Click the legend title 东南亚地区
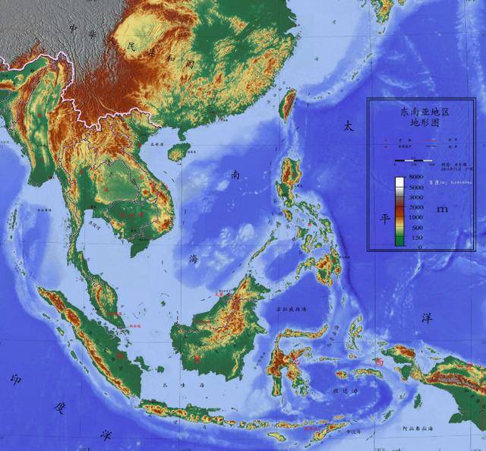point(425,112)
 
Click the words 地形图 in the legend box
point(425,122)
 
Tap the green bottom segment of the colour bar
point(399,241)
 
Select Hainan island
point(177,153)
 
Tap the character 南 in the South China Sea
point(236,175)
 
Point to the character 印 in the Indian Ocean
point(16,379)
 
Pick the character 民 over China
point(131,47)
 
